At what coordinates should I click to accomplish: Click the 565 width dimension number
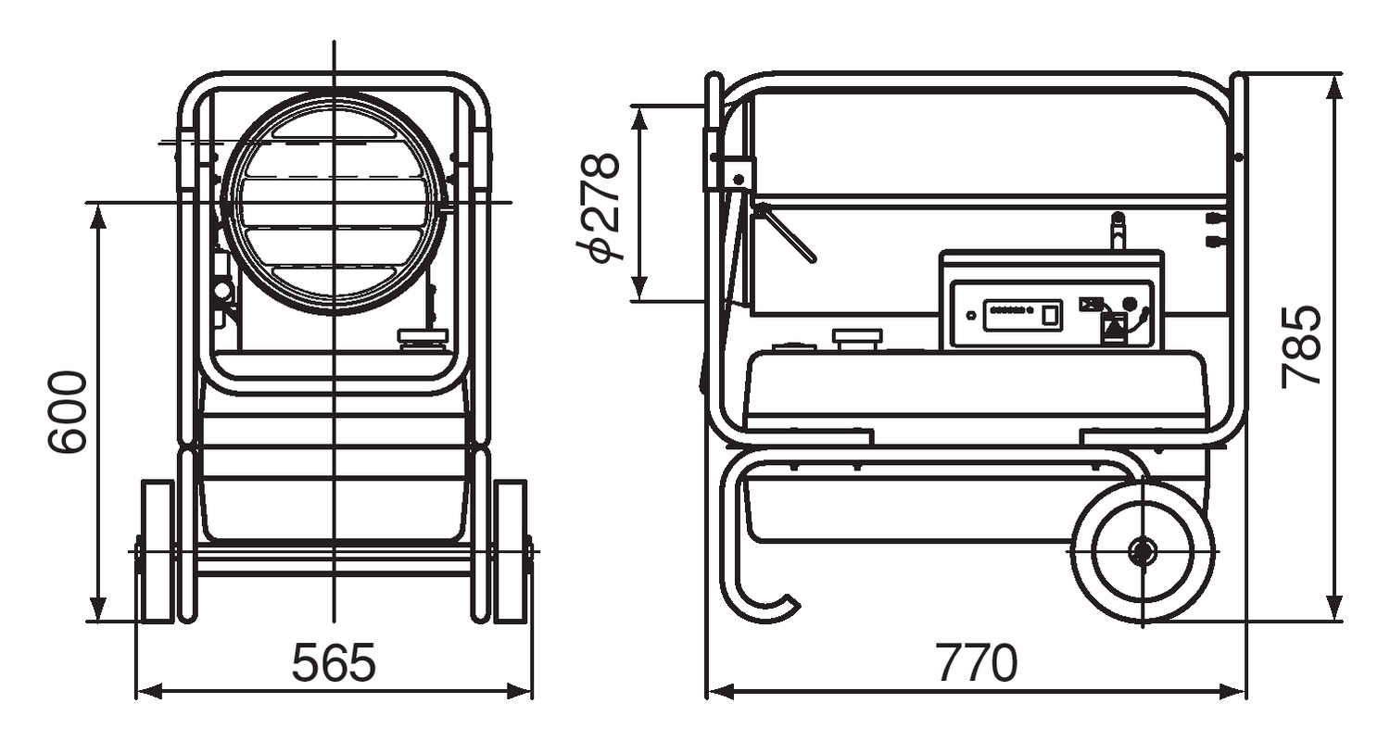click(x=334, y=661)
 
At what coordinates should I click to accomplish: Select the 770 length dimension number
click(x=976, y=661)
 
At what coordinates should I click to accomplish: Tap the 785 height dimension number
click(x=1301, y=345)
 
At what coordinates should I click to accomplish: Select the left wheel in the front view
click(x=157, y=551)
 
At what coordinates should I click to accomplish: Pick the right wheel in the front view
click(x=511, y=551)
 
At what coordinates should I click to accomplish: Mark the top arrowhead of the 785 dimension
click(x=1334, y=85)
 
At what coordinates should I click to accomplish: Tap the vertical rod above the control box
click(x=1118, y=232)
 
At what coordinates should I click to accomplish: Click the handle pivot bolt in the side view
click(x=739, y=177)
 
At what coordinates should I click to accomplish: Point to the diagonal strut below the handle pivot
click(x=786, y=232)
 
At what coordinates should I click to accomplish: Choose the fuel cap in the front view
click(x=423, y=339)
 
